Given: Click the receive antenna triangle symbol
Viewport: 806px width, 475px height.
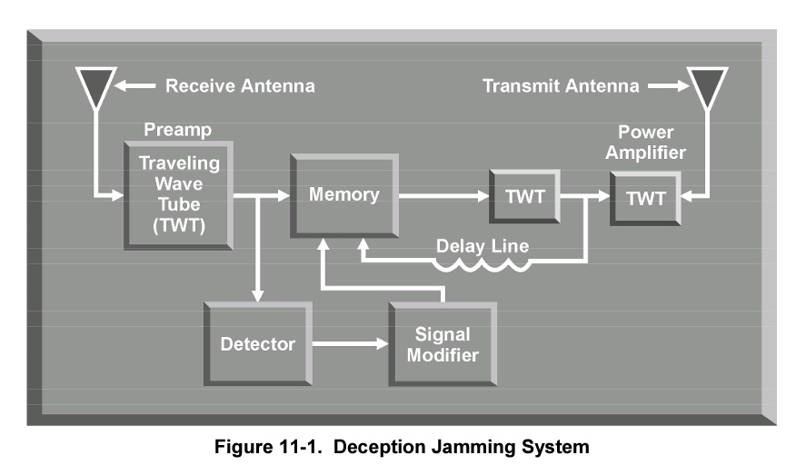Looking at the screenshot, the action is point(96,85).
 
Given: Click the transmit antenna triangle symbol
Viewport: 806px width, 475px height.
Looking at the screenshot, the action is point(708,85).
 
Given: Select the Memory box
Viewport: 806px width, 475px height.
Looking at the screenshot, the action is point(344,195).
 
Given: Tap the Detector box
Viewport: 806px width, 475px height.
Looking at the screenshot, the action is point(258,343).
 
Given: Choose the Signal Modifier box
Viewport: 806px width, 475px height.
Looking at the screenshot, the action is point(443,343).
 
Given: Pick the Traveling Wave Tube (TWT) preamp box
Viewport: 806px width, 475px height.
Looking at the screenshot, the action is point(178,195).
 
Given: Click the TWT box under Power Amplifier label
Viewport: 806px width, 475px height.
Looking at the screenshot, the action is point(646,198).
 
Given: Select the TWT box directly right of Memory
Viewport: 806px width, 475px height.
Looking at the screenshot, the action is point(524,196).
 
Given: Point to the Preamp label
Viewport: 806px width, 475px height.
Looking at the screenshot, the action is point(177,129).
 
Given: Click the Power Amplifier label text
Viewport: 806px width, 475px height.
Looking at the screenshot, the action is point(646,143).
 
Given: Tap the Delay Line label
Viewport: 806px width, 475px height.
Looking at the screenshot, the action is point(483,246).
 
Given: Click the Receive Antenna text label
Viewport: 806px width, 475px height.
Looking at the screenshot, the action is point(240,85).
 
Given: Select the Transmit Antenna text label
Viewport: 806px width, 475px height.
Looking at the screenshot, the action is point(561,85).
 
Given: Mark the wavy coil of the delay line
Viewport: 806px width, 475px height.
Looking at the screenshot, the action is point(482,264).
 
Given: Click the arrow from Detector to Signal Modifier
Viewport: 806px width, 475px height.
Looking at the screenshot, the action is point(351,343).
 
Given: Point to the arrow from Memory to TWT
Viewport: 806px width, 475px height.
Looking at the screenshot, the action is point(444,195).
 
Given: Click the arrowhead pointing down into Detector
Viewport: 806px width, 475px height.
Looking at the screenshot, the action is point(258,295).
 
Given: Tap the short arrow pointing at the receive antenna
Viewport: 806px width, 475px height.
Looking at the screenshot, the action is point(134,85).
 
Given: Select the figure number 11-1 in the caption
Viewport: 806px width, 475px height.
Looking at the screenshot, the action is point(301,447).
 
